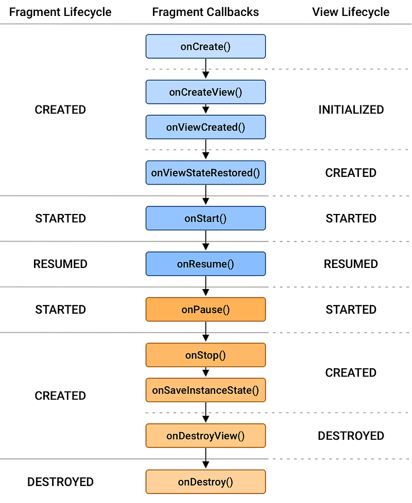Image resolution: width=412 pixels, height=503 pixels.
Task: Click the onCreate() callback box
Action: point(205,46)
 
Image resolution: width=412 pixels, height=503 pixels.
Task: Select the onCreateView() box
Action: point(205,92)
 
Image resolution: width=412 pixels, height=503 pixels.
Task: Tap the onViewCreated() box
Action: point(205,127)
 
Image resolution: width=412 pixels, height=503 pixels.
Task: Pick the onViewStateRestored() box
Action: point(205,173)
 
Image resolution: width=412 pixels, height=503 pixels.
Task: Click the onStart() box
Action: point(205,218)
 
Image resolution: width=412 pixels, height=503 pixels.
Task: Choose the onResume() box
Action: point(205,264)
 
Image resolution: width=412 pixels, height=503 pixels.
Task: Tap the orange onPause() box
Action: point(205,310)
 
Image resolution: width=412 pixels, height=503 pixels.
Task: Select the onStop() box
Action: point(205,355)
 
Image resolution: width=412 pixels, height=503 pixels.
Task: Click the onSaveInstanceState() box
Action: point(205,390)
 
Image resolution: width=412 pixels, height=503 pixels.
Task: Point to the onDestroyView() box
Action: point(205,436)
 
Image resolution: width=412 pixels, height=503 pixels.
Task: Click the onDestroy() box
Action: point(205,482)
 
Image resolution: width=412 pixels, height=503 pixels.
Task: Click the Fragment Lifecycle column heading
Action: point(60,12)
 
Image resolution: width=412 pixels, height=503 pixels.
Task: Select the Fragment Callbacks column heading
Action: point(205,12)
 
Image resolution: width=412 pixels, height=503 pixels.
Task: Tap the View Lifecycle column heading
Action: point(351,12)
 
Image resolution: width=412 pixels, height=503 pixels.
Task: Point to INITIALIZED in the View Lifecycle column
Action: point(351,110)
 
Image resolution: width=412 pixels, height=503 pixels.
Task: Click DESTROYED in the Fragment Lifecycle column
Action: point(60,482)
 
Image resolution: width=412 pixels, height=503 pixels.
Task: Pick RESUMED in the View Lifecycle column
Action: point(351,264)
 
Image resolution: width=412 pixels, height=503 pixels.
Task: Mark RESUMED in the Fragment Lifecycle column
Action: point(60,264)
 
